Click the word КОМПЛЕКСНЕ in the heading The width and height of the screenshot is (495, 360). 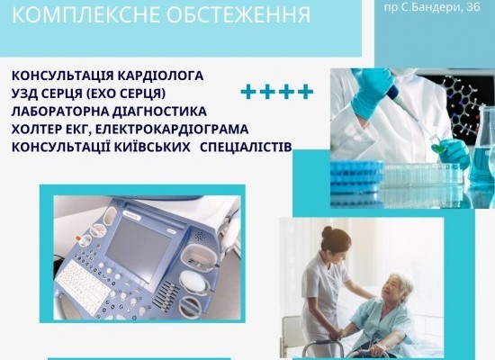(x=85, y=14)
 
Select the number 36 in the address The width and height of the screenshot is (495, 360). (x=472, y=6)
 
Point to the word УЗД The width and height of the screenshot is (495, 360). (x=24, y=94)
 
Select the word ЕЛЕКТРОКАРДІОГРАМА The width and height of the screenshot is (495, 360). (x=172, y=130)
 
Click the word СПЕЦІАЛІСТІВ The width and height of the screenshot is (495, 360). (x=246, y=148)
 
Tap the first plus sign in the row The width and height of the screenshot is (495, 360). (x=248, y=92)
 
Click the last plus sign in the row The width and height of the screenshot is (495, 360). (x=306, y=92)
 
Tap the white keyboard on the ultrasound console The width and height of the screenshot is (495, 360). (x=83, y=287)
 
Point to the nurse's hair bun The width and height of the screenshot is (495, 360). (x=328, y=232)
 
